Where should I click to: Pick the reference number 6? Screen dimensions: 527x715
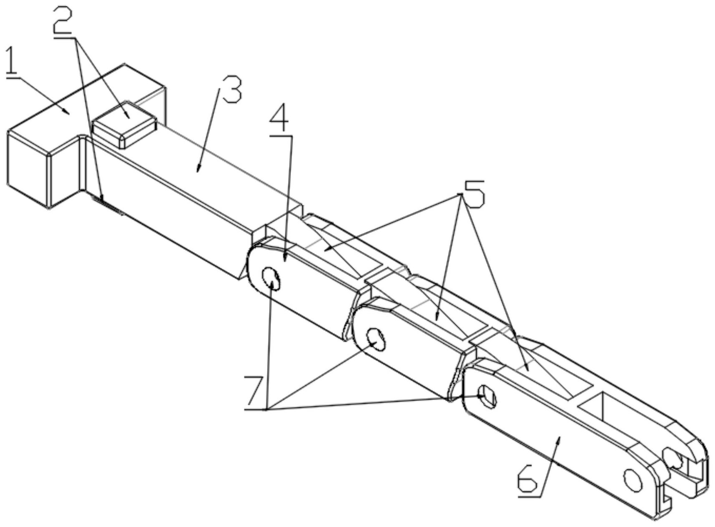528,479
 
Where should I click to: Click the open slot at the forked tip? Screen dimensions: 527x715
685,471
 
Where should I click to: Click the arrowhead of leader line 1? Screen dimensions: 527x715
69,112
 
